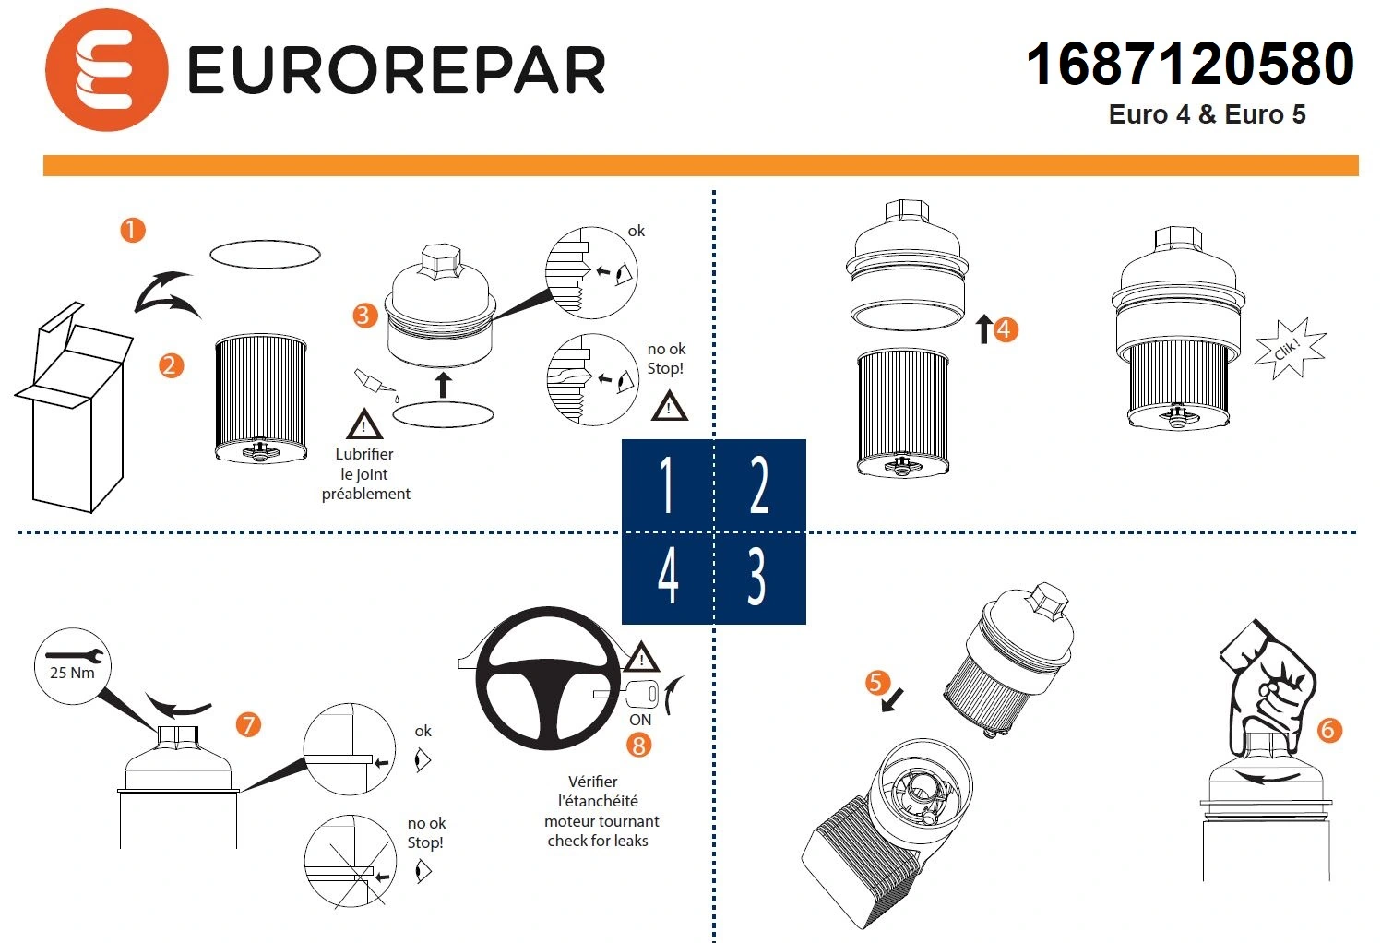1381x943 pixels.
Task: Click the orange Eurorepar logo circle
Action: [x=106, y=70]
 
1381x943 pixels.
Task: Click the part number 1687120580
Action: [x=1189, y=65]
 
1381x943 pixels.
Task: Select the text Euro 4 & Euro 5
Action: [x=1207, y=114]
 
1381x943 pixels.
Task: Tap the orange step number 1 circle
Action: [x=133, y=229]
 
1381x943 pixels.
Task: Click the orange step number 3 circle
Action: [x=364, y=316]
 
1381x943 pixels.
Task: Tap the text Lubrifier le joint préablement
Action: [x=365, y=474]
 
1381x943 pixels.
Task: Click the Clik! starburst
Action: [x=1289, y=349]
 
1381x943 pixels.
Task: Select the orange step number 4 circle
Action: [x=1005, y=329]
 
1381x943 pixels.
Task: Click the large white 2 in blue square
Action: [x=759, y=485]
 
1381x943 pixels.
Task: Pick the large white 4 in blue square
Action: [x=668, y=578]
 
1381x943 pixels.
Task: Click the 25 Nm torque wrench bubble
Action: [x=73, y=666]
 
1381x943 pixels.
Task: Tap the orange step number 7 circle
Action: [x=247, y=725]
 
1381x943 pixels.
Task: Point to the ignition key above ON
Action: [x=627, y=693]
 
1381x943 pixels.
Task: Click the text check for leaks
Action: [x=598, y=841]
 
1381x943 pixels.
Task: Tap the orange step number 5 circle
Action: [x=876, y=683]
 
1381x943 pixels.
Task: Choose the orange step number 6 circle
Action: [x=1327, y=730]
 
